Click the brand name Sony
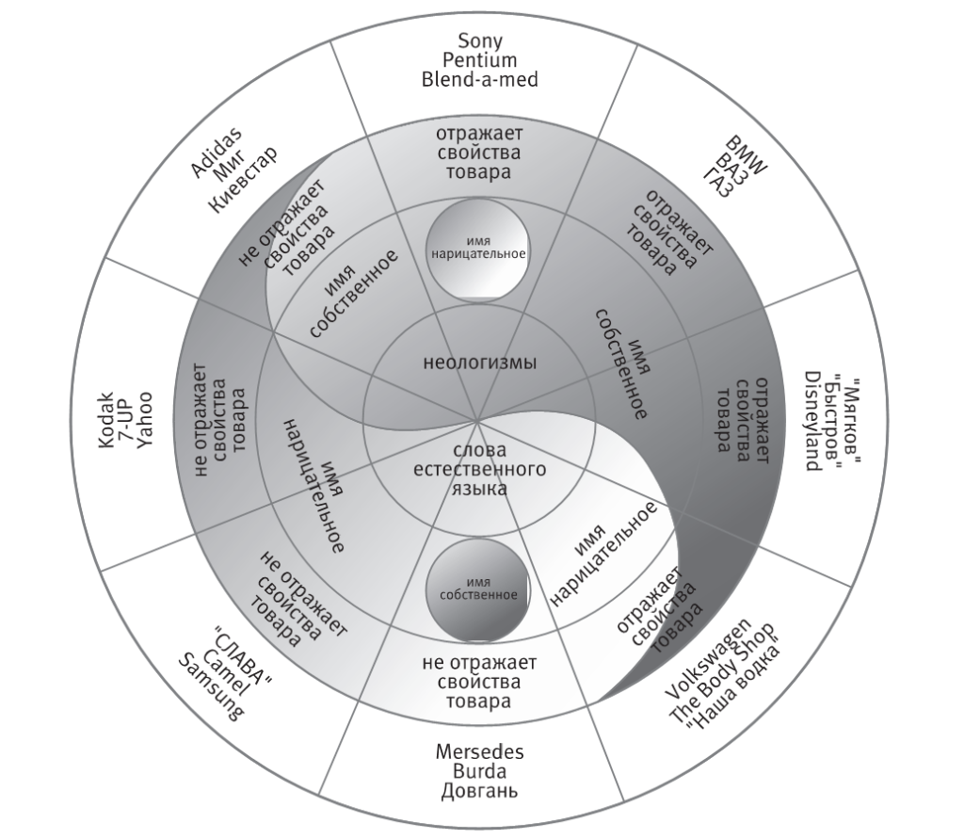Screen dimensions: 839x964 (479, 40)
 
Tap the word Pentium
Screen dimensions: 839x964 (479, 60)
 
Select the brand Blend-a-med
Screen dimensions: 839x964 (479, 80)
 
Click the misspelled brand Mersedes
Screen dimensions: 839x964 (479, 752)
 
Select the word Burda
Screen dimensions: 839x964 (479, 771)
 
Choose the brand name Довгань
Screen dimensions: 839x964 (479, 791)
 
